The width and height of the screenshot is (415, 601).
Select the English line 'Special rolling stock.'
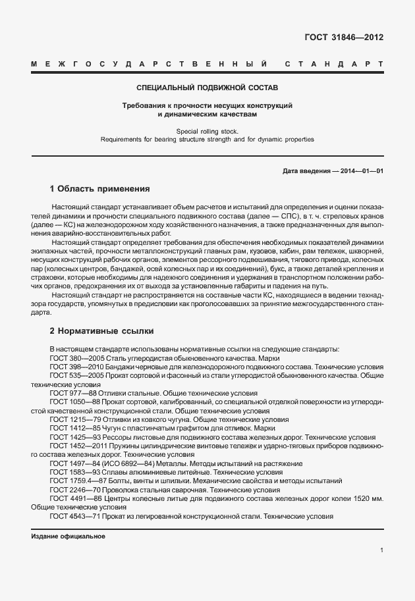pyautogui.click(x=207, y=131)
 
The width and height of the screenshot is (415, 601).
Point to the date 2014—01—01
pyautogui.click(x=362, y=171)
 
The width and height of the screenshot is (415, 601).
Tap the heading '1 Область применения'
pyautogui.click(x=100, y=188)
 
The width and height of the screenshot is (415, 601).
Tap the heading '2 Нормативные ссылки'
pyautogui.click(x=101, y=331)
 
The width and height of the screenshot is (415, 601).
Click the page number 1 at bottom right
pyautogui.click(x=381, y=550)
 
